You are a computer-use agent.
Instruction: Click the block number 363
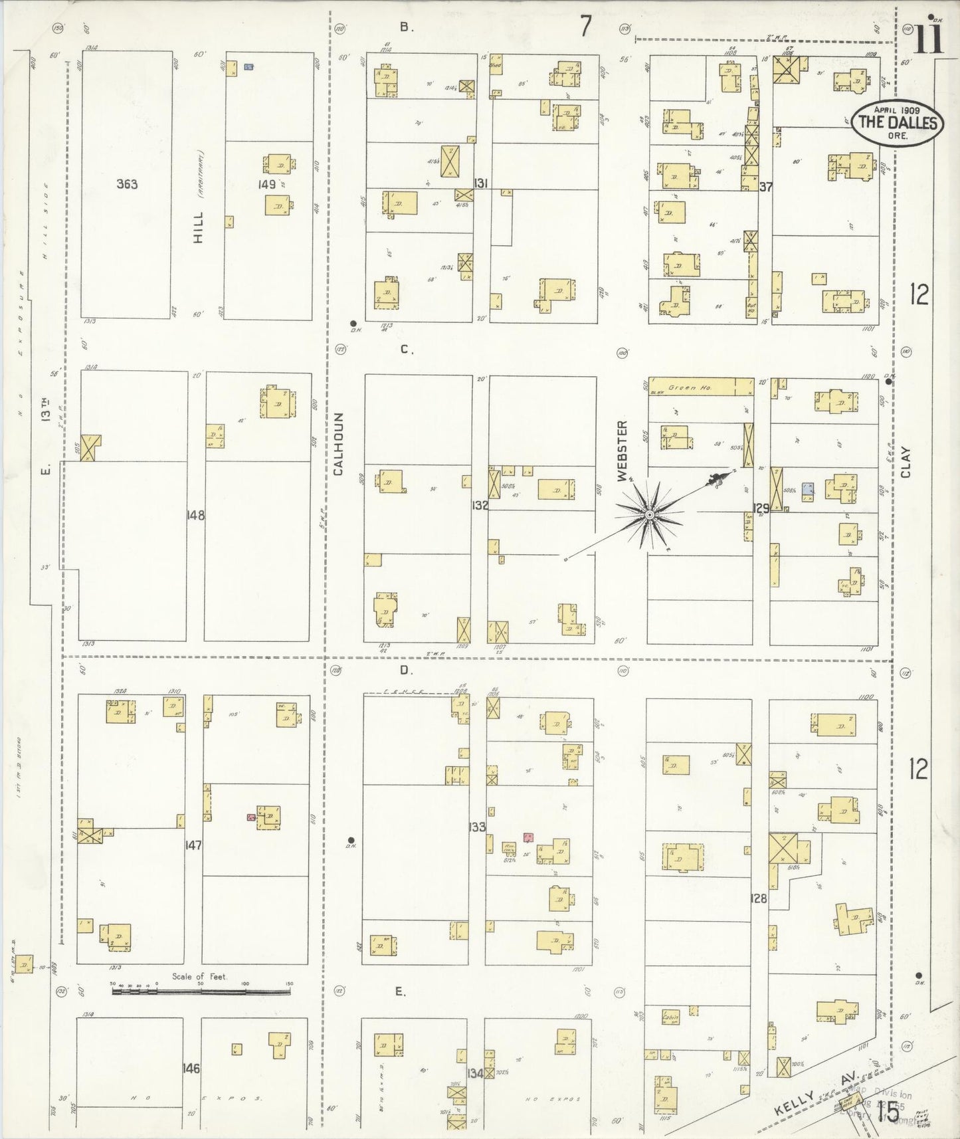coord(127,184)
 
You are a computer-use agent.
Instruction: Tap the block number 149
coord(267,184)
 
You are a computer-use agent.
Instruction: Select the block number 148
coord(196,515)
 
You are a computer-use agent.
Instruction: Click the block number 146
coord(192,1069)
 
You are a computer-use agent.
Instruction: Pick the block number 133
coord(477,827)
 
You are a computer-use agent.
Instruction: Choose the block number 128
coord(758,898)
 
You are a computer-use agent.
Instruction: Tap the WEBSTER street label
coord(623,450)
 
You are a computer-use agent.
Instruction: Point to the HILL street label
coord(199,227)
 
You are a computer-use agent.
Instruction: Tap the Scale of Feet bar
coord(201,991)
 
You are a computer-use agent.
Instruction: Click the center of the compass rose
coord(648,515)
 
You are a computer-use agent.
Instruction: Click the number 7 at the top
coord(585,27)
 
